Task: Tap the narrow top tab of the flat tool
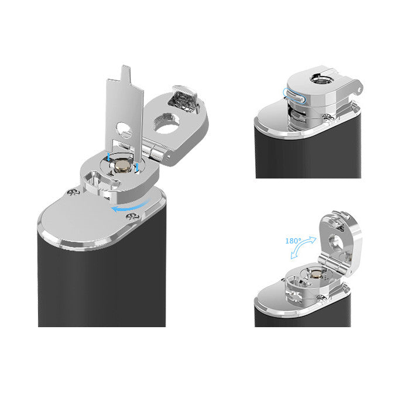click(x=126, y=73)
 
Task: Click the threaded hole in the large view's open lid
click(x=166, y=123)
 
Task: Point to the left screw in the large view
click(x=73, y=192)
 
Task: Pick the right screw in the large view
click(x=132, y=217)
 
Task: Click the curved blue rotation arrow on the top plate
click(x=130, y=206)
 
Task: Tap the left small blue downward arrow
click(x=108, y=157)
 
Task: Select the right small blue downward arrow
click(x=137, y=167)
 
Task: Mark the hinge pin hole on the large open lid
click(x=168, y=156)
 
